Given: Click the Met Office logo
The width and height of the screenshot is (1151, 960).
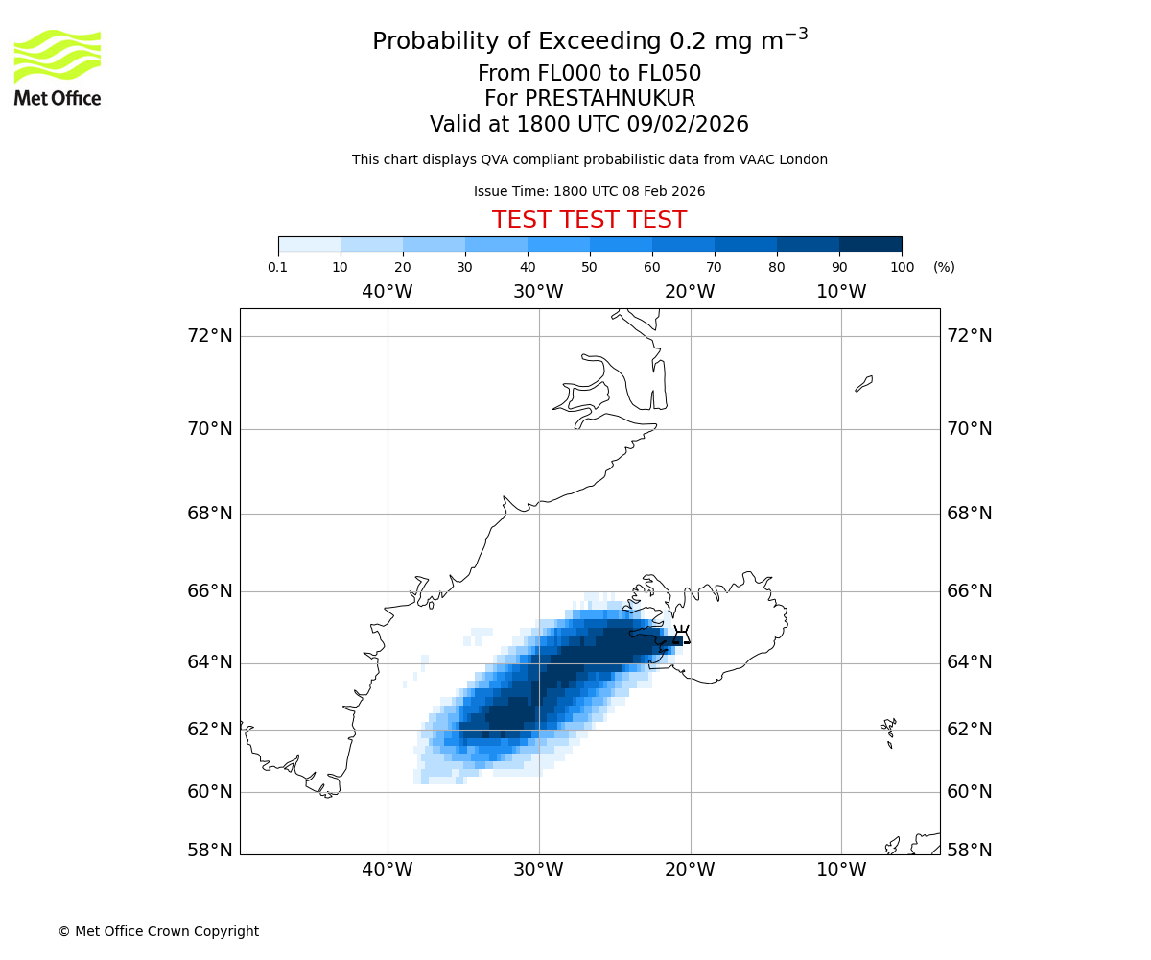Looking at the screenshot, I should coord(58,67).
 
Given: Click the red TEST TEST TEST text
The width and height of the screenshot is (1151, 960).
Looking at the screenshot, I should coord(589,221).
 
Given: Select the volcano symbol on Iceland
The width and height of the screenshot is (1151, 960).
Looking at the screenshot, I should coord(682,635).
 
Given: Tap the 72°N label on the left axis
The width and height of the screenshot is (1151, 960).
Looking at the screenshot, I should coord(209,336).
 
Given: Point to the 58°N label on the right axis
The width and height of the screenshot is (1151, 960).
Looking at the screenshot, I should coord(969,851).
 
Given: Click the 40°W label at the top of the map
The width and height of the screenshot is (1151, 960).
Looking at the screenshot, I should coord(387,292).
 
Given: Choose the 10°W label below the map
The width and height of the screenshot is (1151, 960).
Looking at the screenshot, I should coord(841,870).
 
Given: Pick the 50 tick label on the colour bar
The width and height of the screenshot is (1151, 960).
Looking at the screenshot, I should coord(589,267).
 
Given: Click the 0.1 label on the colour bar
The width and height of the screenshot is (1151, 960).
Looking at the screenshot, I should coord(278,267).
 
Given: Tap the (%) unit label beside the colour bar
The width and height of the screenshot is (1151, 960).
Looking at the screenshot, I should coord(944,267).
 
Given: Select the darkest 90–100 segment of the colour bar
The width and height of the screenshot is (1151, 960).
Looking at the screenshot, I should coord(870,244).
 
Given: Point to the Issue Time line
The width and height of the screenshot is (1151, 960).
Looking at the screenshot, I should coord(589,192).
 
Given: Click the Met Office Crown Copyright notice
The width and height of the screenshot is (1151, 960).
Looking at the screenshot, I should coord(158,932).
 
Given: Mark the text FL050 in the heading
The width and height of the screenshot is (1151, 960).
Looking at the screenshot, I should coord(669,74).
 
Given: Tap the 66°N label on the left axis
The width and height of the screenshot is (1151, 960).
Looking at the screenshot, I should coord(209,591).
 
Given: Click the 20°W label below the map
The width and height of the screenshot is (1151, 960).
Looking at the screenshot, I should coord(690,870).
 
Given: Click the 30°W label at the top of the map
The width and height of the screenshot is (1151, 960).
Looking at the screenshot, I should coord(538,292).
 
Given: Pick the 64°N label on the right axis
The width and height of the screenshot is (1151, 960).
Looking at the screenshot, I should coord(969,662).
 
